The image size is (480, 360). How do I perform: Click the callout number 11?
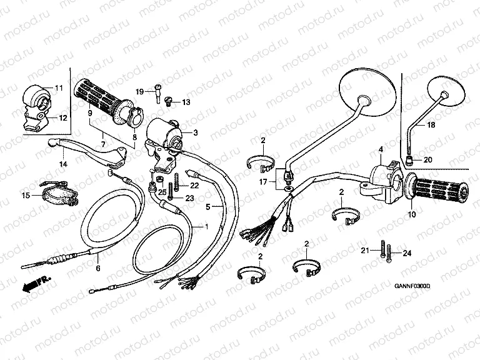[x=59, y=87]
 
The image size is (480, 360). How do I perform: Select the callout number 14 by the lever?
[x=63, y=164]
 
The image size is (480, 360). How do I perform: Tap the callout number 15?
[x=25, y=196]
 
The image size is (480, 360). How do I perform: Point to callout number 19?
[x=140, y=92]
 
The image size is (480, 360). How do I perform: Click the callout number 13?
[x=186, y=102]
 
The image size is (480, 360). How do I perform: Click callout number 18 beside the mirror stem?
[x=431, y=126]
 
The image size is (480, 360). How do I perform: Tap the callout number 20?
[x=427, y=159]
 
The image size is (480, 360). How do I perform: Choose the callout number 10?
[x=411, y=215]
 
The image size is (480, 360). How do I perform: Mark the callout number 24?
[x=407, y=252]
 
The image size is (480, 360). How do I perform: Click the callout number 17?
[x=264, y=182]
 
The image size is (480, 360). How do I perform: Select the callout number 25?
[x=162, y=192]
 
